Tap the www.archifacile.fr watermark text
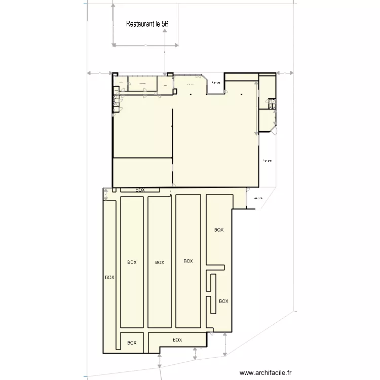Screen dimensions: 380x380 pos(266,373)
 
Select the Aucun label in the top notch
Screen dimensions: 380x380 pos(216,83)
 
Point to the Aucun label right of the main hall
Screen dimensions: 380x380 pos(267,161)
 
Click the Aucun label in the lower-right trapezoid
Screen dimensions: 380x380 pos(259,198)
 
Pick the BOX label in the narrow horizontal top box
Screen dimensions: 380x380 pos(140,190)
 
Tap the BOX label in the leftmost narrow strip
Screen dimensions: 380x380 pos(109,277)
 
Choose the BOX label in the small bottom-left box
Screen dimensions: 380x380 pos(132,343)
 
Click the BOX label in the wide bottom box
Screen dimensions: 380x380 pos(177,339)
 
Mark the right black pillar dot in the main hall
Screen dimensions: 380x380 pos(242,94)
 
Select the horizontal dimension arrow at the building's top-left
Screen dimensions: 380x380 pos(100,73)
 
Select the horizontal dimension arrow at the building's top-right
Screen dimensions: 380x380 pos(285,73)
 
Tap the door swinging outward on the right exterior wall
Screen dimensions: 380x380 pos(274,130)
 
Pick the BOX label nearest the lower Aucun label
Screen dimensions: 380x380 pos(218,230)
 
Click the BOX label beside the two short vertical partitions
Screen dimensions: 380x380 pos(223,300)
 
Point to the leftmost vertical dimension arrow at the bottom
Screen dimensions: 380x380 pos(160,362)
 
